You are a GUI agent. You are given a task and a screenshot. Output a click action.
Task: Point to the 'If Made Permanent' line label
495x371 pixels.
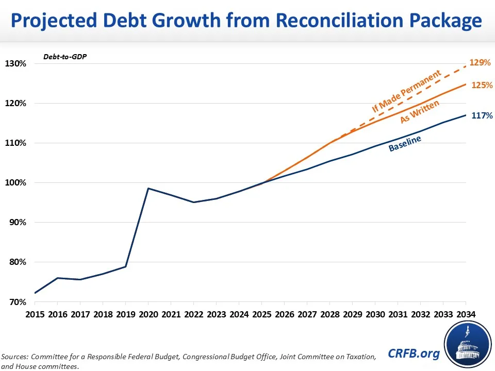click(x=407, y=92)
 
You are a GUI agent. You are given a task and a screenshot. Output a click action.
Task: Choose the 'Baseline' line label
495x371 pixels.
click(x=405, y=144)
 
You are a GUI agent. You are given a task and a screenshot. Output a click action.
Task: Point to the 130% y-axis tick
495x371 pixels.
click(x=15, y=64)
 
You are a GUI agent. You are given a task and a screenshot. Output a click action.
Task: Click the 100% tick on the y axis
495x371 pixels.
click(x=15, y=183)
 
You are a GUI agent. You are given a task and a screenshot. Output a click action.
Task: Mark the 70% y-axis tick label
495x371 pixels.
click(x=18, y=302)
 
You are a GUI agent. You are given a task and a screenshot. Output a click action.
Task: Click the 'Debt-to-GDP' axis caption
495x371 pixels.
click(x=65, y=56)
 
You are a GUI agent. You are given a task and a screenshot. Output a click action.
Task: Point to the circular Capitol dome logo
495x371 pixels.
click(x=466, y=345)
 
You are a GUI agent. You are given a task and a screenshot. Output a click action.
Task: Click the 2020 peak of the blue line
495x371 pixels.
click(x=148, y=189)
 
